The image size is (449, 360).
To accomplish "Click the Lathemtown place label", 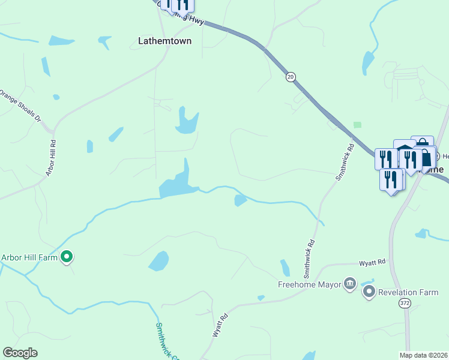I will click(165, 41).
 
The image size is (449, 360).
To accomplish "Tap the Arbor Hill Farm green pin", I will click(67, 257).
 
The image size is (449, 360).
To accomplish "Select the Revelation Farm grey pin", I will click(369, 292).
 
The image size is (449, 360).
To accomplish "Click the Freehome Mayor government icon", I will click(350, 283).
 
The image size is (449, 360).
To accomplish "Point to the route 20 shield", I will click(291, 76).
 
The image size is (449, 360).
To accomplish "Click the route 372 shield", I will click(404, 304).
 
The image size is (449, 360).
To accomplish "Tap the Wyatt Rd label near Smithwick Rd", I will click(372, 263).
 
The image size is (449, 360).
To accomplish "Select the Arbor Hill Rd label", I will click(52, 158).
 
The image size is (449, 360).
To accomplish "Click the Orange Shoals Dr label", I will click(20, 106).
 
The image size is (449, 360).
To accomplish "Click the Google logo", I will click(20, 353).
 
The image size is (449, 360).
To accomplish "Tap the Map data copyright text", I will click(415, 355).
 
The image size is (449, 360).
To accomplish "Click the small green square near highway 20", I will click(357, 125).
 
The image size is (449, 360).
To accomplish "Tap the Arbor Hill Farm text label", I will click(29, 257).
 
